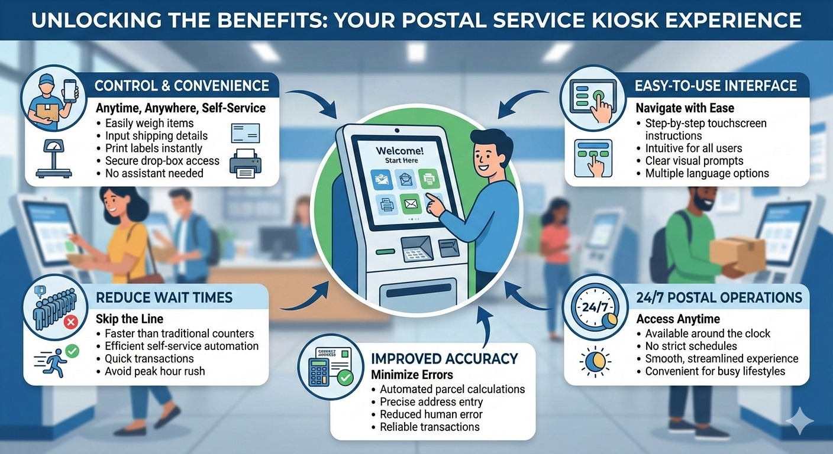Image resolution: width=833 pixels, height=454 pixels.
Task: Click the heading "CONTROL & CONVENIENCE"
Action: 182,86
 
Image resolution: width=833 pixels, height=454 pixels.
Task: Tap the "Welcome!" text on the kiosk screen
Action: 399,151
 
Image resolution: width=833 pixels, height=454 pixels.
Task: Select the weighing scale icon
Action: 54,158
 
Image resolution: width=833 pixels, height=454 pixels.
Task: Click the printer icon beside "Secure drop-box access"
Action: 245,164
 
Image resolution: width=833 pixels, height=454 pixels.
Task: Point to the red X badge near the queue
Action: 70,322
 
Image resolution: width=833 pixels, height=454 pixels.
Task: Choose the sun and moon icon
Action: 595,362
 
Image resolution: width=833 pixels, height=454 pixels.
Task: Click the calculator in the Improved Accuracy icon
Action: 319,372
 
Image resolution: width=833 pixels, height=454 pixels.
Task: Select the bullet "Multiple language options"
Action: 707,173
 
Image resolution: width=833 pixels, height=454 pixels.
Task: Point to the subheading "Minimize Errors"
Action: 412,375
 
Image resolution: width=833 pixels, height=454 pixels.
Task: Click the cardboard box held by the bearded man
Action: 737,254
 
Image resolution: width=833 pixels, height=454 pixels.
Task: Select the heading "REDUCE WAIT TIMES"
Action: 164,297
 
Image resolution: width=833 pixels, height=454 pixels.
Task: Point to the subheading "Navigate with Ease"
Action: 685,108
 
